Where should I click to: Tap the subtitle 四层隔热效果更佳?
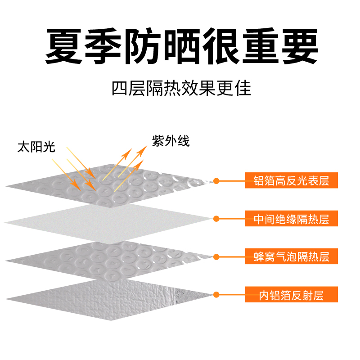click(x=181, y=88)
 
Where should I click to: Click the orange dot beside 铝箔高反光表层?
click(x=216, y=181)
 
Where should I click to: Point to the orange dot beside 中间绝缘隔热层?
click(x=216, y=219)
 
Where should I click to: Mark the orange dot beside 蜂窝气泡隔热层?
click(x=216, y=257)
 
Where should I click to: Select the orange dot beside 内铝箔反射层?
click(x=216, y=296)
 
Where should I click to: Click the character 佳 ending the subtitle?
click(x=243, y=88)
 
